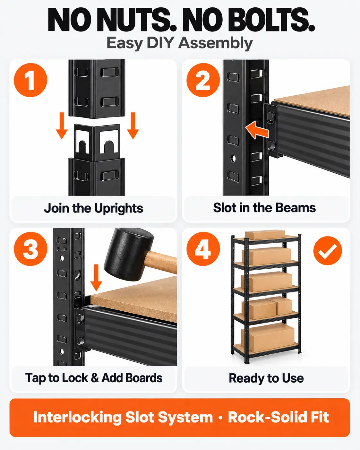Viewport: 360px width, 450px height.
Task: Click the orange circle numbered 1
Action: (x=30, y=80)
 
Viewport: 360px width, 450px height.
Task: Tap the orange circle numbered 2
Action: (x=203, y=80)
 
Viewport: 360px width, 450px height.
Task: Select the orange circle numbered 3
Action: (x=30, y=249)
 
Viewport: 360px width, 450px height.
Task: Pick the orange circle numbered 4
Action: (x=203, y=249)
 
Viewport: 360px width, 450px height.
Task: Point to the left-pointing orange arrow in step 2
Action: (x=257, y=130)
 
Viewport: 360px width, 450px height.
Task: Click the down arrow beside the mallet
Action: (x=96, y=278)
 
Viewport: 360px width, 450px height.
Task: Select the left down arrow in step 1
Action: (x=62, y=126)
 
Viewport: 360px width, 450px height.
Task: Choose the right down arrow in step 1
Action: (x=133, y=126)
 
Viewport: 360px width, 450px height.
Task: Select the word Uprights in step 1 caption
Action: (x=119, y=209)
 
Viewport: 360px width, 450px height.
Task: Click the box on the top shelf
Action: (x=265, y=235)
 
